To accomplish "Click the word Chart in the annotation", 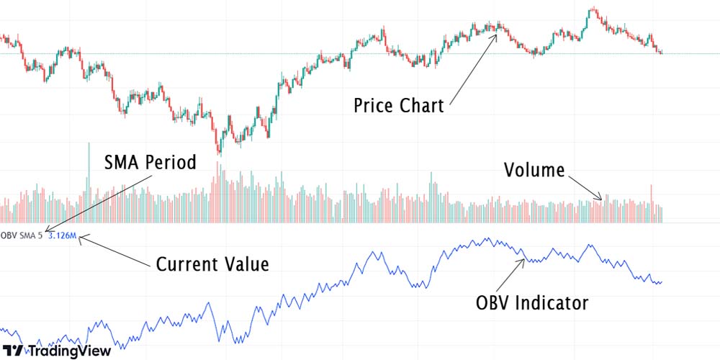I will coord(421,106).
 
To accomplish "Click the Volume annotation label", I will coord(534,171).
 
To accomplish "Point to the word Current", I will coord(189,264).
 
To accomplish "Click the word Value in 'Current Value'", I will coord(246,264).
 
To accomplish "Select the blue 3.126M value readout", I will coord(62,235).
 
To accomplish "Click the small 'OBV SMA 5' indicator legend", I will coord(22,235).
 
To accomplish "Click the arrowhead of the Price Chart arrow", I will coord(497,32).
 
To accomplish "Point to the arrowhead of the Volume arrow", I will coord(601,198).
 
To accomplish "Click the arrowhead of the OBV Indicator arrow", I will coord(524,258).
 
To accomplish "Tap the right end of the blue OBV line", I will coord(661,282).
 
